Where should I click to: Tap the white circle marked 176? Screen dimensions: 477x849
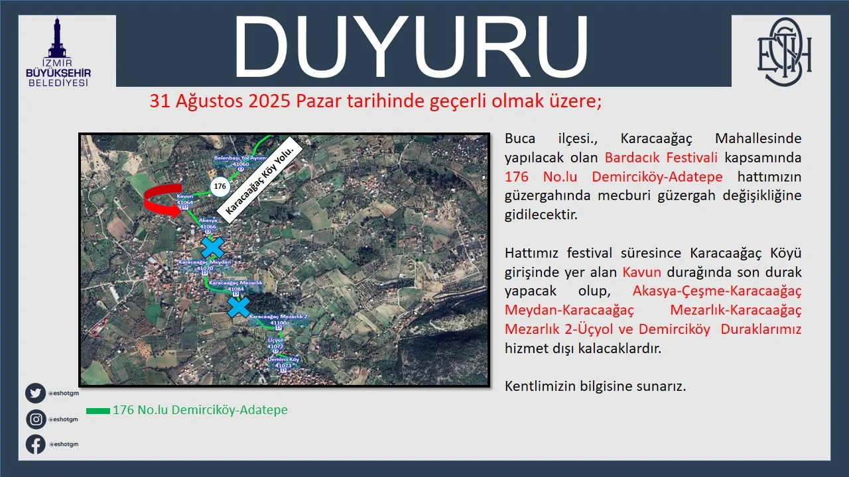(x=220, y=187)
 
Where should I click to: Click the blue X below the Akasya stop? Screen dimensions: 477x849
(x=212, y=248)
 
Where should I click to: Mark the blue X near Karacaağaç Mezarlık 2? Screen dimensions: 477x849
(x=239, y=307)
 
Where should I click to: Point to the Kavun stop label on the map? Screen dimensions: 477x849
(x=185, y=199)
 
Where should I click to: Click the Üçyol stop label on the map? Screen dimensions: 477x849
(x=276, y=343)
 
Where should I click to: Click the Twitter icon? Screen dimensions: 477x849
(x=36, y=394)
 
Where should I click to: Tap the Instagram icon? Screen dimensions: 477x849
(x=36, y=419)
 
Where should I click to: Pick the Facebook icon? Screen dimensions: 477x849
(x=36, y=444)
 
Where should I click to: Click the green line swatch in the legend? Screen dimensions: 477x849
(x=98, y=411)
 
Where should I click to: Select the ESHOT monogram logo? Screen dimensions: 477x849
(x=785, y=52)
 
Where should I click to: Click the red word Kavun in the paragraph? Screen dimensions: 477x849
(x=642, y=272)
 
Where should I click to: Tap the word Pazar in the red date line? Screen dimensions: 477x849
(x=315, y=101)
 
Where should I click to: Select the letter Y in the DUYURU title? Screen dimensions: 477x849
(x=410, y=46)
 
